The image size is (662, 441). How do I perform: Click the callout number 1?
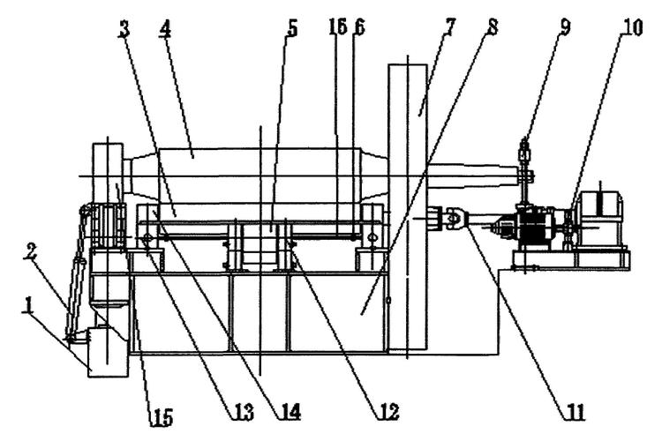(x=28, y=304)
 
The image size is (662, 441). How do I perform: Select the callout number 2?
(x=29, y=253)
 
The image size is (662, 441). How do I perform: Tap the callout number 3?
(x=124, y=29)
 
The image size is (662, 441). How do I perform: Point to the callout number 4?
(x=165, y=29)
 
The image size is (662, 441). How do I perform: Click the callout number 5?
(x=292, y=29)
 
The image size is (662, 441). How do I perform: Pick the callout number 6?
(x=359, y=27)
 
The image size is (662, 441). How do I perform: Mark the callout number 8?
(x=492, y=27)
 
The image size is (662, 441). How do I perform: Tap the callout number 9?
(x=565, y=27)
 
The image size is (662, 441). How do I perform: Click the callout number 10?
(x=631, y=27)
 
